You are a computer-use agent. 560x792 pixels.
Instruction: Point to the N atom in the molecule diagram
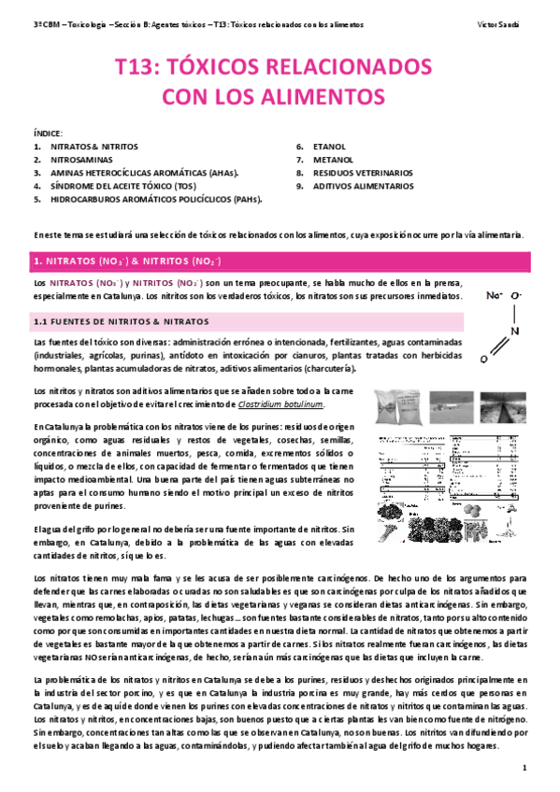[x=514, y=329]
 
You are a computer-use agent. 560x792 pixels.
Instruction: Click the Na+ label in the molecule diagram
[x=495, y=295]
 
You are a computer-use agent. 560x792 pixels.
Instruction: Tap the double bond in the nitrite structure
[x=496, y=345]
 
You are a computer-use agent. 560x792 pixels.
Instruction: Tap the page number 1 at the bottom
[x=525, y=767]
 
